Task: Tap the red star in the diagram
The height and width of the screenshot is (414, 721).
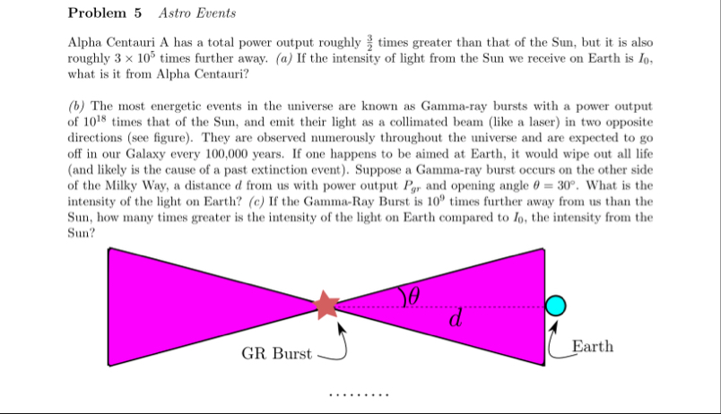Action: click(x=326, y=306)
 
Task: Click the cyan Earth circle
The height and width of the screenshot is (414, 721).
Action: click(x=556, y=306)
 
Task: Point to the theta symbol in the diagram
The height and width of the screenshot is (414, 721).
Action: click(x=413, y=294)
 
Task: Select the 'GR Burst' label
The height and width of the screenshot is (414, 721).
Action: click(x=276, y=354)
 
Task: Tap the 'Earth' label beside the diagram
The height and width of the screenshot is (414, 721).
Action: click(x=592, y=346)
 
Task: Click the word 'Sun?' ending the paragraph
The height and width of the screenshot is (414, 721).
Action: click(x=82, y=231)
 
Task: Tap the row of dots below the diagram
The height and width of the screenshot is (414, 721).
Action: click(x=359, y=395)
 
